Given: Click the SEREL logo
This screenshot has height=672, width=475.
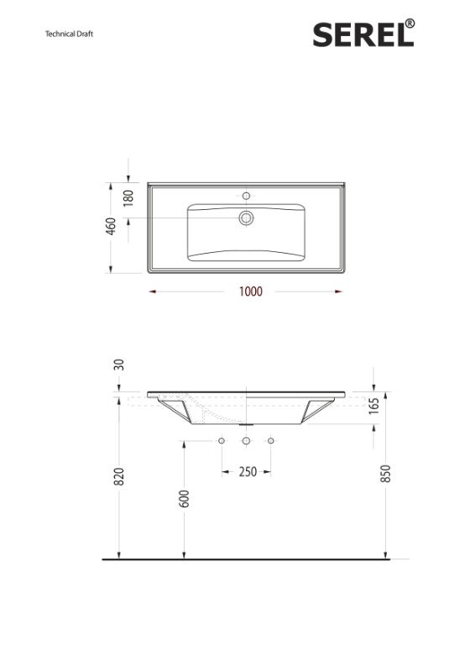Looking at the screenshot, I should point(359,34).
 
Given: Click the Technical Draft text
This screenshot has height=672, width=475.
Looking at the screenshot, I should point(69,34).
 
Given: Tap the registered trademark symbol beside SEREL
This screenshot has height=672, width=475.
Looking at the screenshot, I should point(409,24).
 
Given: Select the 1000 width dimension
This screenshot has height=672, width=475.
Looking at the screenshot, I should point(250,292).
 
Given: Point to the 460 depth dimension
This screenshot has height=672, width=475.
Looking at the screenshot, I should point(111,227).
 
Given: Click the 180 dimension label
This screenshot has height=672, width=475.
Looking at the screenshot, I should point(128,199).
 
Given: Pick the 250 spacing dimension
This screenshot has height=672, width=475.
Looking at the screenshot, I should point(247,472).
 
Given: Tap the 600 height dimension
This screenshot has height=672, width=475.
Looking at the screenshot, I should point(184,498).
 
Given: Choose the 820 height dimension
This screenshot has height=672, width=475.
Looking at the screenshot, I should point(119,476).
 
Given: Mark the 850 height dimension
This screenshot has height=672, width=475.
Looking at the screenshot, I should point(385,474).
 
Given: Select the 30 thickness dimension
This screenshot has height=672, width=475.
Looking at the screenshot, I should point(119,365).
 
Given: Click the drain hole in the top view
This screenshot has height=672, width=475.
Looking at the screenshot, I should point(246,218).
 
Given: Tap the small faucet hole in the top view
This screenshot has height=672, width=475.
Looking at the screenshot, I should point(246,192).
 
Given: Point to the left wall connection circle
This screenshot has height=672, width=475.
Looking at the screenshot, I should point(222,441).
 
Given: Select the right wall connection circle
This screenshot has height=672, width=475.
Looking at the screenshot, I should point(270,441).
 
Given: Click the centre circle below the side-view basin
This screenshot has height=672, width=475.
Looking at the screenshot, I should point(246,441).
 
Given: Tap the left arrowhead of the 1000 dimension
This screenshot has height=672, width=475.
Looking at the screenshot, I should point(151,292).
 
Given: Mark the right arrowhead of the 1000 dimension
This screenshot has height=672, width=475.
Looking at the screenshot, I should point(339,292).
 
